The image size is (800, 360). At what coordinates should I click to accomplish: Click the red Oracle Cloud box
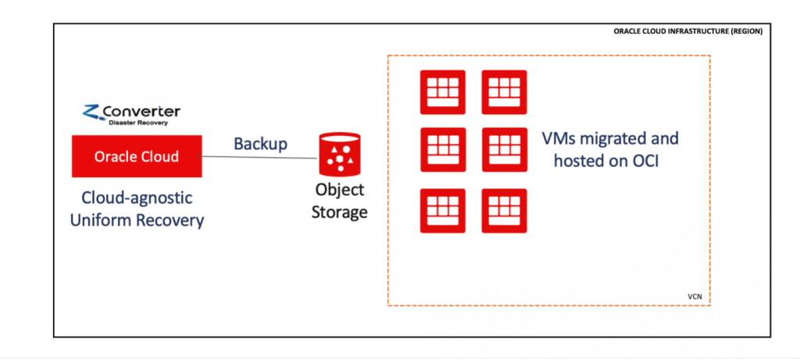pyautogui.click(x=136, y=156)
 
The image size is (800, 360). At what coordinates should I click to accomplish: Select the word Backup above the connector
pyautogui.click(x=260, y=144)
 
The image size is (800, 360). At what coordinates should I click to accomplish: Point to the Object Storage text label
pyautogui.click(x=340, y=201)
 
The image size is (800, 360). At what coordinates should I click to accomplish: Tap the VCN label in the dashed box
pyautogui.click(x=695, y=298)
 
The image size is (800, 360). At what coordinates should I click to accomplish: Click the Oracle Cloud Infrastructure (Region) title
pyautogui.click(x=688, y=32)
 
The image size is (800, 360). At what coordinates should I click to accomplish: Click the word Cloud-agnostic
pyautogui.click(x=137, y=198)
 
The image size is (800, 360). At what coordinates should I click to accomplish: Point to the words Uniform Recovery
pyautogui.click(x=137, y=220)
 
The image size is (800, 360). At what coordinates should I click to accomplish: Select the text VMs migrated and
pyautogui.click(x=610, y=140)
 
